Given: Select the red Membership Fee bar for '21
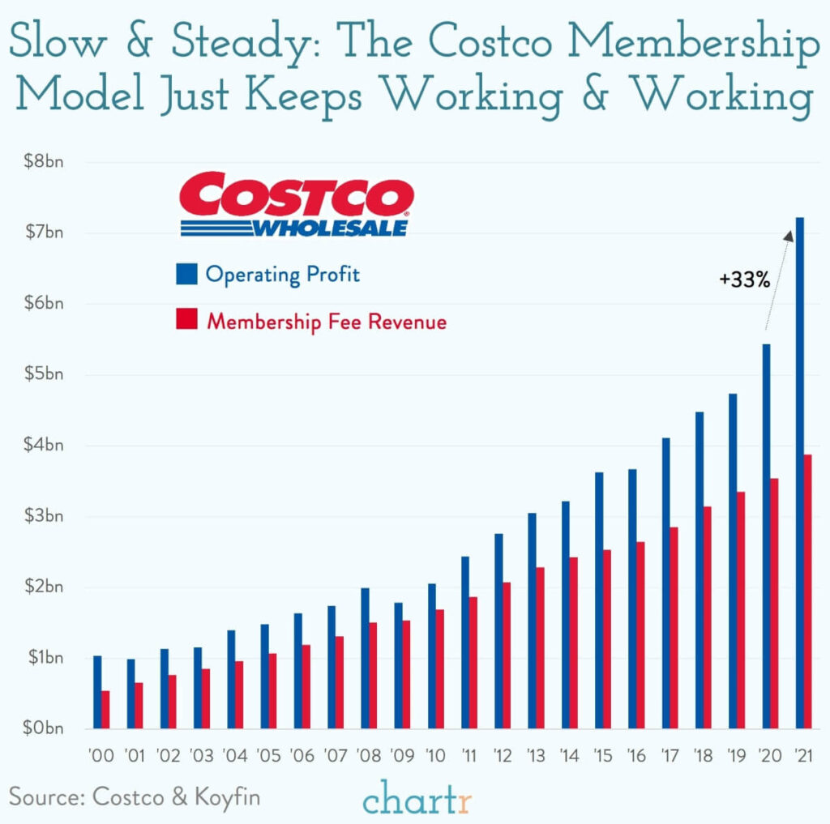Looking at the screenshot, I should click(807, 591).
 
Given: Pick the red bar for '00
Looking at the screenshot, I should click(105, 709).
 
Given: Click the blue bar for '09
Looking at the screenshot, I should click(398, 665).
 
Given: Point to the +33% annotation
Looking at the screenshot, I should click(743, 280).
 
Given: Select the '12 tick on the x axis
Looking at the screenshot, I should click(503, 756).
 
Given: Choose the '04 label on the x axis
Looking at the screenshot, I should click(235, 756).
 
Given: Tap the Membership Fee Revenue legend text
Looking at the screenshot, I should click(326, 322).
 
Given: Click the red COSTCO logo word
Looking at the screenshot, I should click(295, 194).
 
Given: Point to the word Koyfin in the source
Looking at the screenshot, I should click(227, 796).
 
